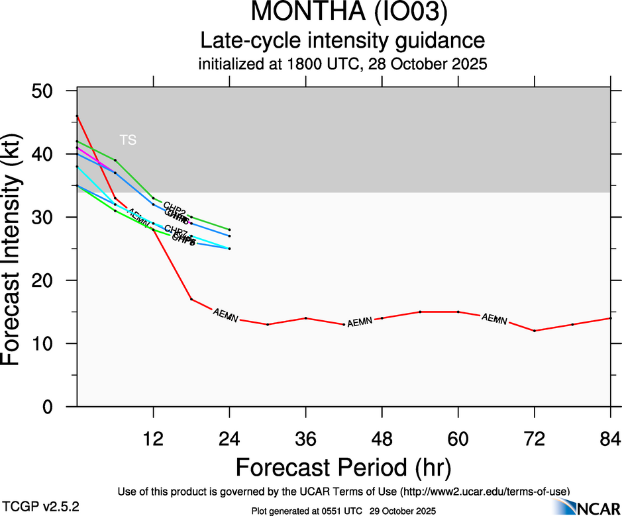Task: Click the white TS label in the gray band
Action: [128, 140]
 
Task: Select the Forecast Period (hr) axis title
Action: [343, 467]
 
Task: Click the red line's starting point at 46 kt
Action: [78, 116]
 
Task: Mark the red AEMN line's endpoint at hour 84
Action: [610, 318]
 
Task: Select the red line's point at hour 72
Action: [534, 331]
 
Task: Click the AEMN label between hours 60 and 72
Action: [494, 319]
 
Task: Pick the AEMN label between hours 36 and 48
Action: [360, 322]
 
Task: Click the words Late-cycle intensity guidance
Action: [342, 41]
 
